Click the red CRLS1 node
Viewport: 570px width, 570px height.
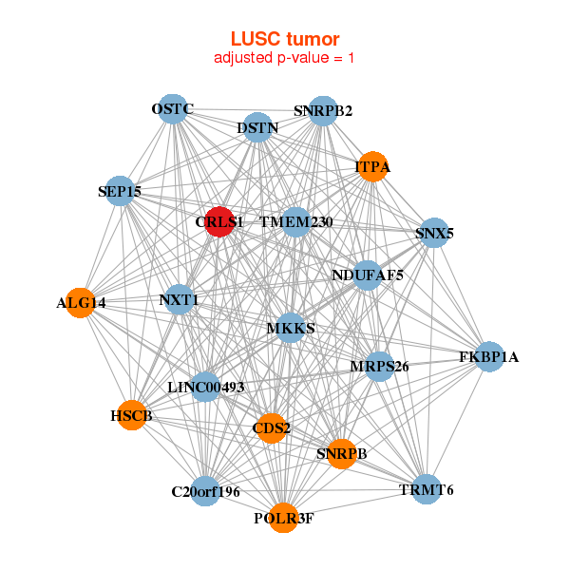[219, 221]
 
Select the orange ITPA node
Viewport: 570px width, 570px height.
[372, 166]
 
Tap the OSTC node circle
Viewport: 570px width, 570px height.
[172, 109]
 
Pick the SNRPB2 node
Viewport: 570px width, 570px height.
[323, 110]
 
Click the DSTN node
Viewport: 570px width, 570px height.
[258, 127]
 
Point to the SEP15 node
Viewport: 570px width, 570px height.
[119, 191]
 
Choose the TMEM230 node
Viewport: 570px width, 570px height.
[295, 222]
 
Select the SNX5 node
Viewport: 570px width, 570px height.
[433, 233]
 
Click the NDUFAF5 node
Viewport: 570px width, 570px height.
[368, 275]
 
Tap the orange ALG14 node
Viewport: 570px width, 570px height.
[81, 303]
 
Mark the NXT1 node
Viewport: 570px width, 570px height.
[179, 300]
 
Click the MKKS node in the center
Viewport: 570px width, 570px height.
[290, 328]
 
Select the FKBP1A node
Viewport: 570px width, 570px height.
[489, 357]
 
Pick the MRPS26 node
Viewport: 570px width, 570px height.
[379, 366]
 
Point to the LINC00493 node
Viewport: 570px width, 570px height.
[205, 387]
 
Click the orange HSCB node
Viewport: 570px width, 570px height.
[131, 415]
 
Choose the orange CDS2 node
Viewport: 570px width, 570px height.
[272, 427]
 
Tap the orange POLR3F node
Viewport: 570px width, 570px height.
[283, 518]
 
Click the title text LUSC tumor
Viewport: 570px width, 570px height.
[285, 39]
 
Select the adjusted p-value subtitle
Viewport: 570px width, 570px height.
[285, 58]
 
